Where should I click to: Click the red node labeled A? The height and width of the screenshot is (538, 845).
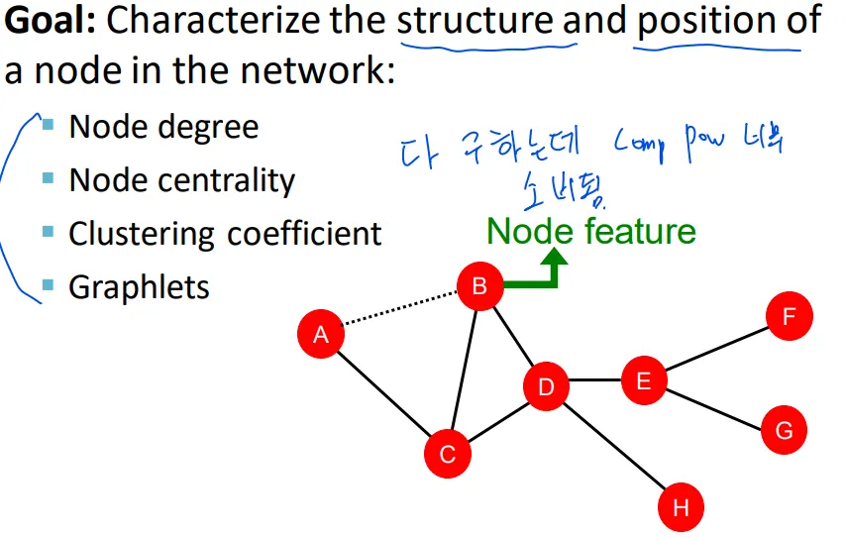click(321, 335)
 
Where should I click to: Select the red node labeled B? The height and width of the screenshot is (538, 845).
click(480, 287)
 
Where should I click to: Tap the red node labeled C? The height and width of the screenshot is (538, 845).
click(448, 454)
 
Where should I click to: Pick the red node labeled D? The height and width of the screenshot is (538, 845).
click(546, 386)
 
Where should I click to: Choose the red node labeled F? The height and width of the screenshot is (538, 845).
click(790, 317)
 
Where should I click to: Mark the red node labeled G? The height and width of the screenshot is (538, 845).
click(784, 430)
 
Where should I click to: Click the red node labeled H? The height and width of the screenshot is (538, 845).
click(681, 508)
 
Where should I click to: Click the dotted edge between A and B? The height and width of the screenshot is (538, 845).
click(400, 311)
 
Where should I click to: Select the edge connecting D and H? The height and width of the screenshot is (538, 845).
click(614, 448)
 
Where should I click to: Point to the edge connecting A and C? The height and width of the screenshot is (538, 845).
click(384, 394)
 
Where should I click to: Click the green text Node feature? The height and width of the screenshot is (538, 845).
click(591, 231)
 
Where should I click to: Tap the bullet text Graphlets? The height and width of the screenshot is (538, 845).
click(139, 287)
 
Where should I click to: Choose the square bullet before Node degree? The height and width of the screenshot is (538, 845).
click(48, 125)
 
